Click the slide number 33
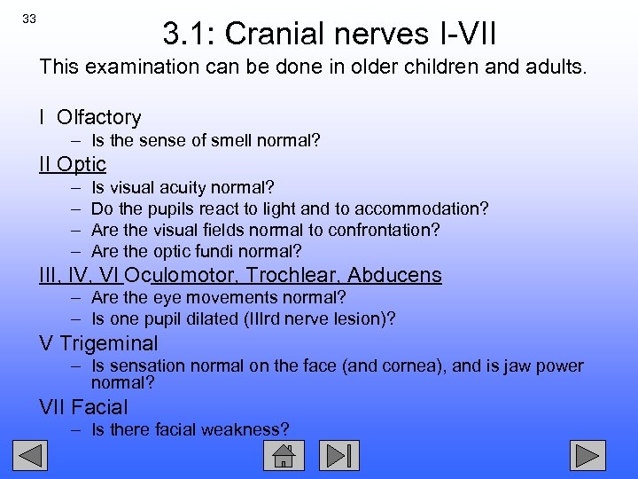point(29,20)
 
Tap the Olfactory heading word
point(98,117)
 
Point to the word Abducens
point(394,276)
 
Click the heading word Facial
point(99,408)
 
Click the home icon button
point(284,456)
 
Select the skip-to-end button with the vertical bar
point(339,456)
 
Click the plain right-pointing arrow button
point(587,456)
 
